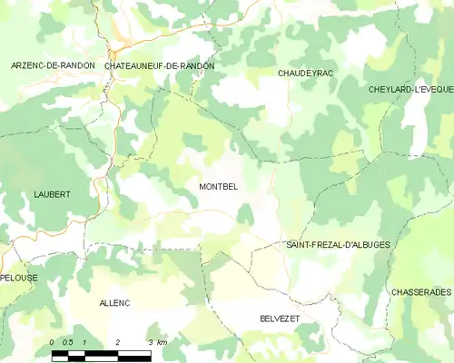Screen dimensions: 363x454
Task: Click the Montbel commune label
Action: pyautogui.click(x=218, y=186)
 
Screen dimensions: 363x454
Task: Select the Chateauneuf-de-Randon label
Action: pyautogui.click(x=160, y=66)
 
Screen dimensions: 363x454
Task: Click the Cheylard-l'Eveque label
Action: pyautogui.click(x=411, y=90)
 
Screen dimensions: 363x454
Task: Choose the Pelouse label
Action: pyautogui.click(x=18, y=276)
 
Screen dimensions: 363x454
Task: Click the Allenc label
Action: pyautogui.click(x=115, y=301)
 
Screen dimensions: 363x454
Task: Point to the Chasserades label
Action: pyautogui.click(x=420, y=291)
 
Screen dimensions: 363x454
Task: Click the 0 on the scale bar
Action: pyautogui.click(x=53, y=341)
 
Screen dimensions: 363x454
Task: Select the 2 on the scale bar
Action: pyautogui.click(x=117, y=341)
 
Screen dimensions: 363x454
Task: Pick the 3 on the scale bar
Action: pyautogui.click(x=149, y=341)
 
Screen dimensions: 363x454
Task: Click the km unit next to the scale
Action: pyautogui.click(x=162, y=341)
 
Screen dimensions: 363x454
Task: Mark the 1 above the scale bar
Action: pyautogui.click(x=84, y=341)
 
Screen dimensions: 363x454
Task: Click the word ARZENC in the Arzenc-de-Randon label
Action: pyautogui.click(x=27, y=66)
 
